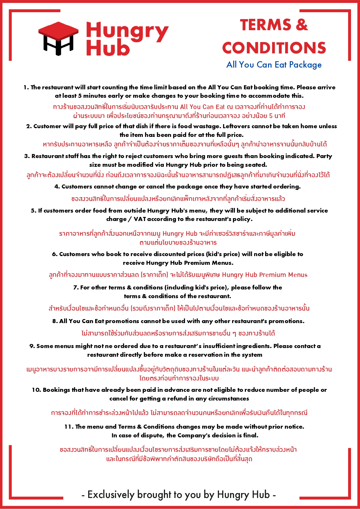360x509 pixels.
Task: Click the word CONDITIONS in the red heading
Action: (274, 48)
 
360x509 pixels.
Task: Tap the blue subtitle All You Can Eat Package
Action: (274, 65)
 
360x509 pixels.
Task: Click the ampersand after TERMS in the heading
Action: (302, 25)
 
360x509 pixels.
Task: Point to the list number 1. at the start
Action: (26, 87)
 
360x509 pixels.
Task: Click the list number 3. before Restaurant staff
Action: (27, 156)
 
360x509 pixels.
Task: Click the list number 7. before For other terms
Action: (76, 287)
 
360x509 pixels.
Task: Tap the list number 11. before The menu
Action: (69, 427)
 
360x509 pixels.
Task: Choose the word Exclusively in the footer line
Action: (111, 494)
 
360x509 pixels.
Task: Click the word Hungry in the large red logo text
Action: (127, 31)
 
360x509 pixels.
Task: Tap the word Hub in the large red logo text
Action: (108, 48)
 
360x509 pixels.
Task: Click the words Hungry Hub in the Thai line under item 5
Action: (180, 233)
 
